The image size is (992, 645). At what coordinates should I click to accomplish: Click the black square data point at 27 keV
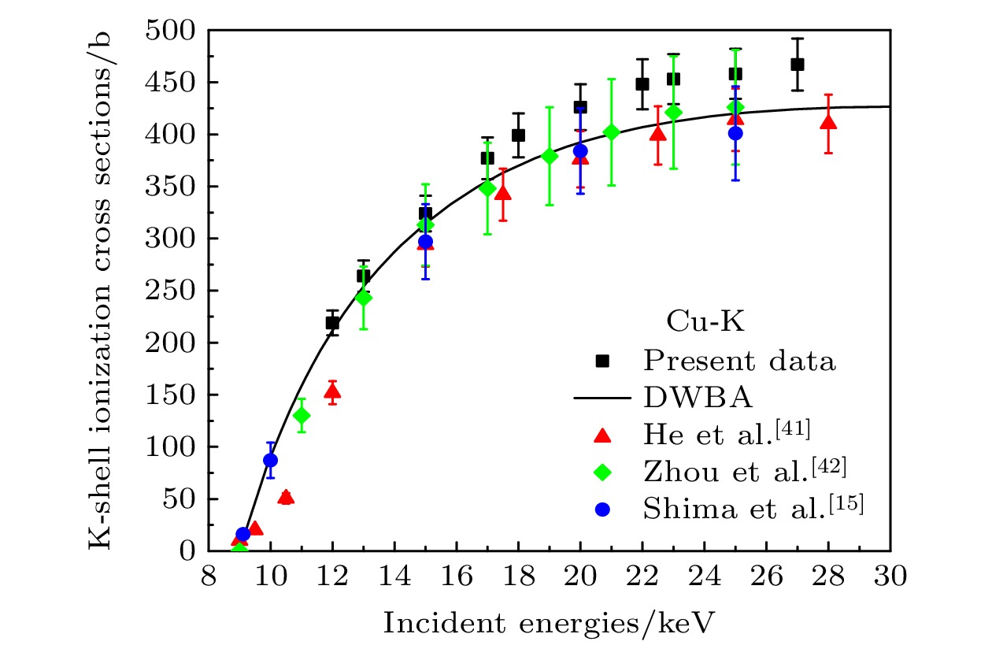pyautogui.click(x=798, y=65)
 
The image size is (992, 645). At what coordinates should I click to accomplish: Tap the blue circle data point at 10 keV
pyautogui.click(x=271, y=460)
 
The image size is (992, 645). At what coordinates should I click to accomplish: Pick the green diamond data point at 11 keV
pyautogui.click(x=302, y=416)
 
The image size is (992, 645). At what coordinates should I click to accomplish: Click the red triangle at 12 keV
pyautogui.click(x=332, y=391)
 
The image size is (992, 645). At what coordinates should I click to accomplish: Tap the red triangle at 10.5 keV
pyautogui.click(x=286, y=497)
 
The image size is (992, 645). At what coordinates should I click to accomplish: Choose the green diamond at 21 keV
pyautogui.click(x=612, y=132)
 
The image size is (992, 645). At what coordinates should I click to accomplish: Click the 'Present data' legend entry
pyautogui.click(x=738, y=361)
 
